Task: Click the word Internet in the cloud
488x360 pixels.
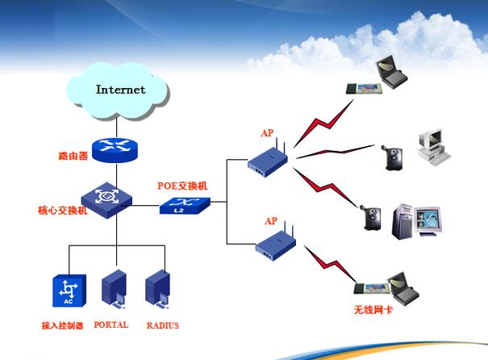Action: (x=120, y=90)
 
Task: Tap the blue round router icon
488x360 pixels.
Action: (x=115, y=150)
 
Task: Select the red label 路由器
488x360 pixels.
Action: (x=73, y=156)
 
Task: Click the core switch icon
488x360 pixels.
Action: (x=106, y=200)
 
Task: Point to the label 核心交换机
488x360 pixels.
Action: (x=63, y=211)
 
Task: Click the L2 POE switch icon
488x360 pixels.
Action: (x=185, y=206)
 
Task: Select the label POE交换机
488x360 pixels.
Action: (x=182, y=186)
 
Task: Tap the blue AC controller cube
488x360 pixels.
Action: (x=69, y=291)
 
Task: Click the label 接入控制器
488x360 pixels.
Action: (x=63, y=325)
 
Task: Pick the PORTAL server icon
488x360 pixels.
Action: (x=114, y=289)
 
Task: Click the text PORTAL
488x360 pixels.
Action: (x=111, y=324)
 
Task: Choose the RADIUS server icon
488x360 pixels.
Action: (x=158, y=289)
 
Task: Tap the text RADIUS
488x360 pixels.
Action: (x=163, y=325)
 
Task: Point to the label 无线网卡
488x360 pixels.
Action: (x=373, y=310)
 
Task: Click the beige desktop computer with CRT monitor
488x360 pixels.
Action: (x=434, y=147)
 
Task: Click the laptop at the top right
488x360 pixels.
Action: (x=391, y=73)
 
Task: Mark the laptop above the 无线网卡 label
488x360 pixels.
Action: (x=403, y=289)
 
